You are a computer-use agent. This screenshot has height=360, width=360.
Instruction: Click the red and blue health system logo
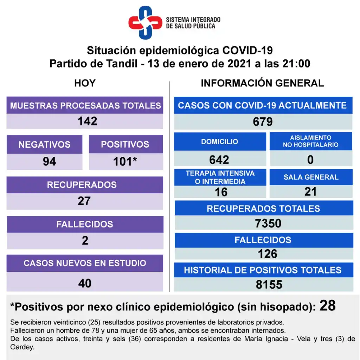point(145,22)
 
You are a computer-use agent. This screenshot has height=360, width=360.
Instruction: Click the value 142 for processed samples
point(87,121)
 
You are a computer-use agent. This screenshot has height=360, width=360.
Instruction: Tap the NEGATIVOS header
point(44,144)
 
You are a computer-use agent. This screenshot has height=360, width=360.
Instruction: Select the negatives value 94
point(49,161)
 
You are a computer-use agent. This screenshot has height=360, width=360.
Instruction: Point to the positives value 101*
point(125,161)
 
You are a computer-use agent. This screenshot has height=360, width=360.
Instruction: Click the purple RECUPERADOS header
point(82,185)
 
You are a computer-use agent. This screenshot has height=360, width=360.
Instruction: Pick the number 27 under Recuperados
point(84,201)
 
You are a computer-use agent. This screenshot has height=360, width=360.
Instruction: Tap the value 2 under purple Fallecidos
point(85,241)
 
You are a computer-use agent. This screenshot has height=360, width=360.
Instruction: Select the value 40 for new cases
point(85,283)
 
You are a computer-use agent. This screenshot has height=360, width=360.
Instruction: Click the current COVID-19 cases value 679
point(263,122)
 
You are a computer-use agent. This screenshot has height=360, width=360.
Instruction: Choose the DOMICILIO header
point(219,142)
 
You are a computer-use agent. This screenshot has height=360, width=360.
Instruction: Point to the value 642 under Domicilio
point(219,160)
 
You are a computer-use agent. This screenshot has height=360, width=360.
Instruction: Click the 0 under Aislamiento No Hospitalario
point(310,160)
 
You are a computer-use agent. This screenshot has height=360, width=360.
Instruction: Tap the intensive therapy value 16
point(221,192)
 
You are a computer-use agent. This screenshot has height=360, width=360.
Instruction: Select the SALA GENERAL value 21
point(311,192)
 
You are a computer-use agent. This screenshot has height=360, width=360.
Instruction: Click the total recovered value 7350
point(268,223)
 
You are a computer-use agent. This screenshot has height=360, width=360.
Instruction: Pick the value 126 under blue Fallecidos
point(268,253)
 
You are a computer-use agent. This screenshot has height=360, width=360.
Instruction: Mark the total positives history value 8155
point(269,284)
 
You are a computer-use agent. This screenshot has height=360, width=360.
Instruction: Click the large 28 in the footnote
point(327,306)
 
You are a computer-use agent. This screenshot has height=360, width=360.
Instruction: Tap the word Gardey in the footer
point(22,347)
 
